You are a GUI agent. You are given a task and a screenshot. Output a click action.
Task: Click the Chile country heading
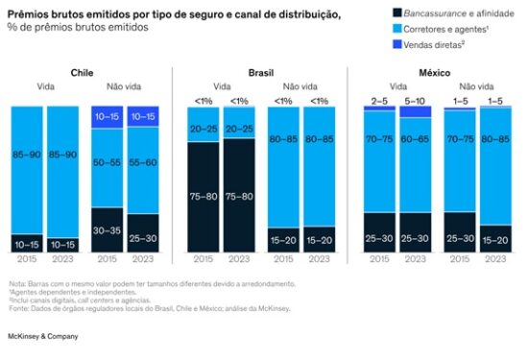click(x=82, y=72)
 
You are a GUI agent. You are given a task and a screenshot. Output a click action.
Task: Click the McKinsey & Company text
click(x=44, y=337)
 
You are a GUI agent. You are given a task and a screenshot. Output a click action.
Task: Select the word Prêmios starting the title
click(x=30, y=12)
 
